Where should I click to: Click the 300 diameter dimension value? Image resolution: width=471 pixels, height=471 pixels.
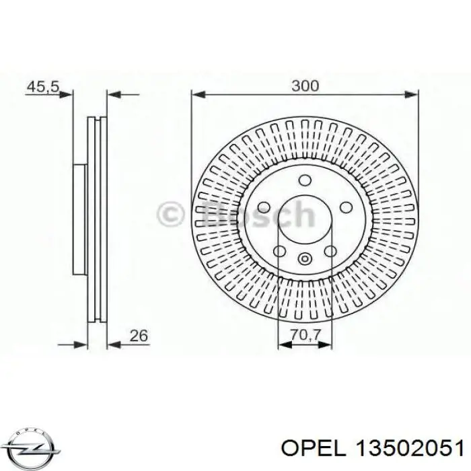coord(305,85)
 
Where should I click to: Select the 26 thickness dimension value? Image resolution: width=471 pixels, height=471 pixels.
coord(140,334)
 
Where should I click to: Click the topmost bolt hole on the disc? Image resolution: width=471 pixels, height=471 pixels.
coord(305,180)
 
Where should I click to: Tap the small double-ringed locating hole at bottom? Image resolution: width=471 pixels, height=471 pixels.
coord(305,258)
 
